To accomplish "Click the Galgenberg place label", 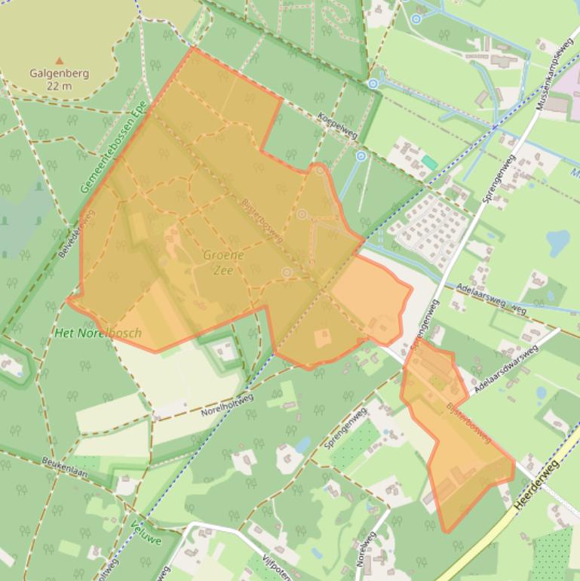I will coord(60,74).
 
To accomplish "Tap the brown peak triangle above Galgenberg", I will coord(60,60).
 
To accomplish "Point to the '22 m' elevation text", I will coord(60,86).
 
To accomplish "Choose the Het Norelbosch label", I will coord(98,333).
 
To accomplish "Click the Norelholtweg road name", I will coord(227,406).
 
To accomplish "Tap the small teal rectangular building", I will coord(429,162).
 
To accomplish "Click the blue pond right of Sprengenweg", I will coord(558,242).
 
